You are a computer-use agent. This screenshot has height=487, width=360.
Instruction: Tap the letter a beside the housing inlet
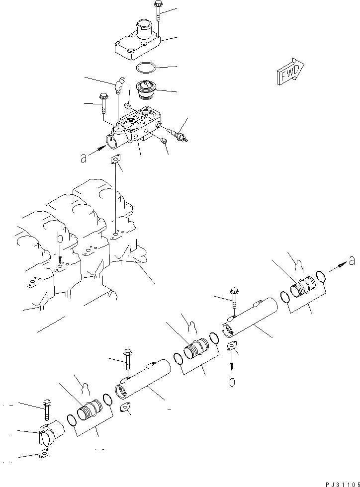(x=84, y=159)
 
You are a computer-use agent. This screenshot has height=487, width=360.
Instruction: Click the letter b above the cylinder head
(x=59, y=239)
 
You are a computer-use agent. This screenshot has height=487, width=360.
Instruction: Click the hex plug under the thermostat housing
(x=164, y=143)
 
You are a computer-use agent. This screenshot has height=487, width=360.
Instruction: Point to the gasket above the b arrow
(x=232, y=348)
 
